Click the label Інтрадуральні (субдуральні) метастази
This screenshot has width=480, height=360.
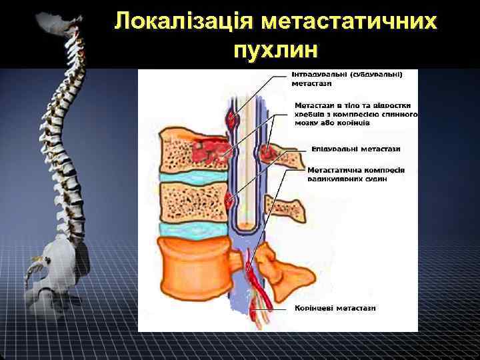tap(346, 79)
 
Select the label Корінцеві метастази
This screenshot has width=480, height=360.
tap(335, 308)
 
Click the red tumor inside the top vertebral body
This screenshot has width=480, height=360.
tap(207, 150)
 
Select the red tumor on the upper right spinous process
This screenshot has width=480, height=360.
tap(269, 153)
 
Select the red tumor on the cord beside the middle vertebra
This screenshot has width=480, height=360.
tap(231, 199)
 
